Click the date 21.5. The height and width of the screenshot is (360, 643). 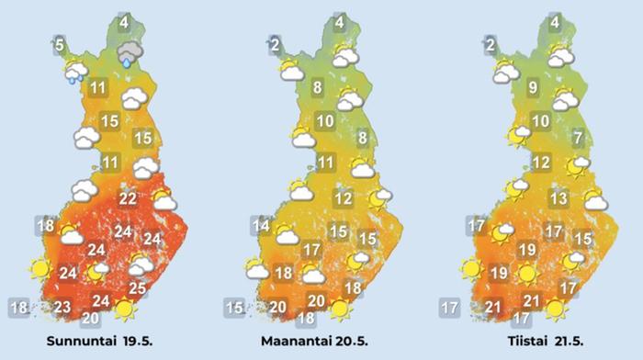(560, 343)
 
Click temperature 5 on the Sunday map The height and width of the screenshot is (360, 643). (59, 43)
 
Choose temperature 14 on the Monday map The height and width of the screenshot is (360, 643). (261, 226)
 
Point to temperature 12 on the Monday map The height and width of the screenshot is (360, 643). (344, 198)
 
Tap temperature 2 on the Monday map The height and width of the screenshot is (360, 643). (274, 43)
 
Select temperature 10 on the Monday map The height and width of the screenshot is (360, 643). (324, 120)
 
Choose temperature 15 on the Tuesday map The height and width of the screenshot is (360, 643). (582, 239)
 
